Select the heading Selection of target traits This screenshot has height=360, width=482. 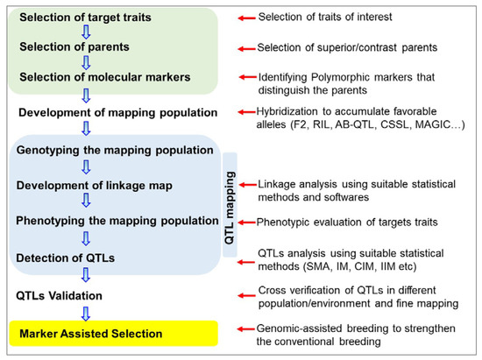point(74,18)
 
